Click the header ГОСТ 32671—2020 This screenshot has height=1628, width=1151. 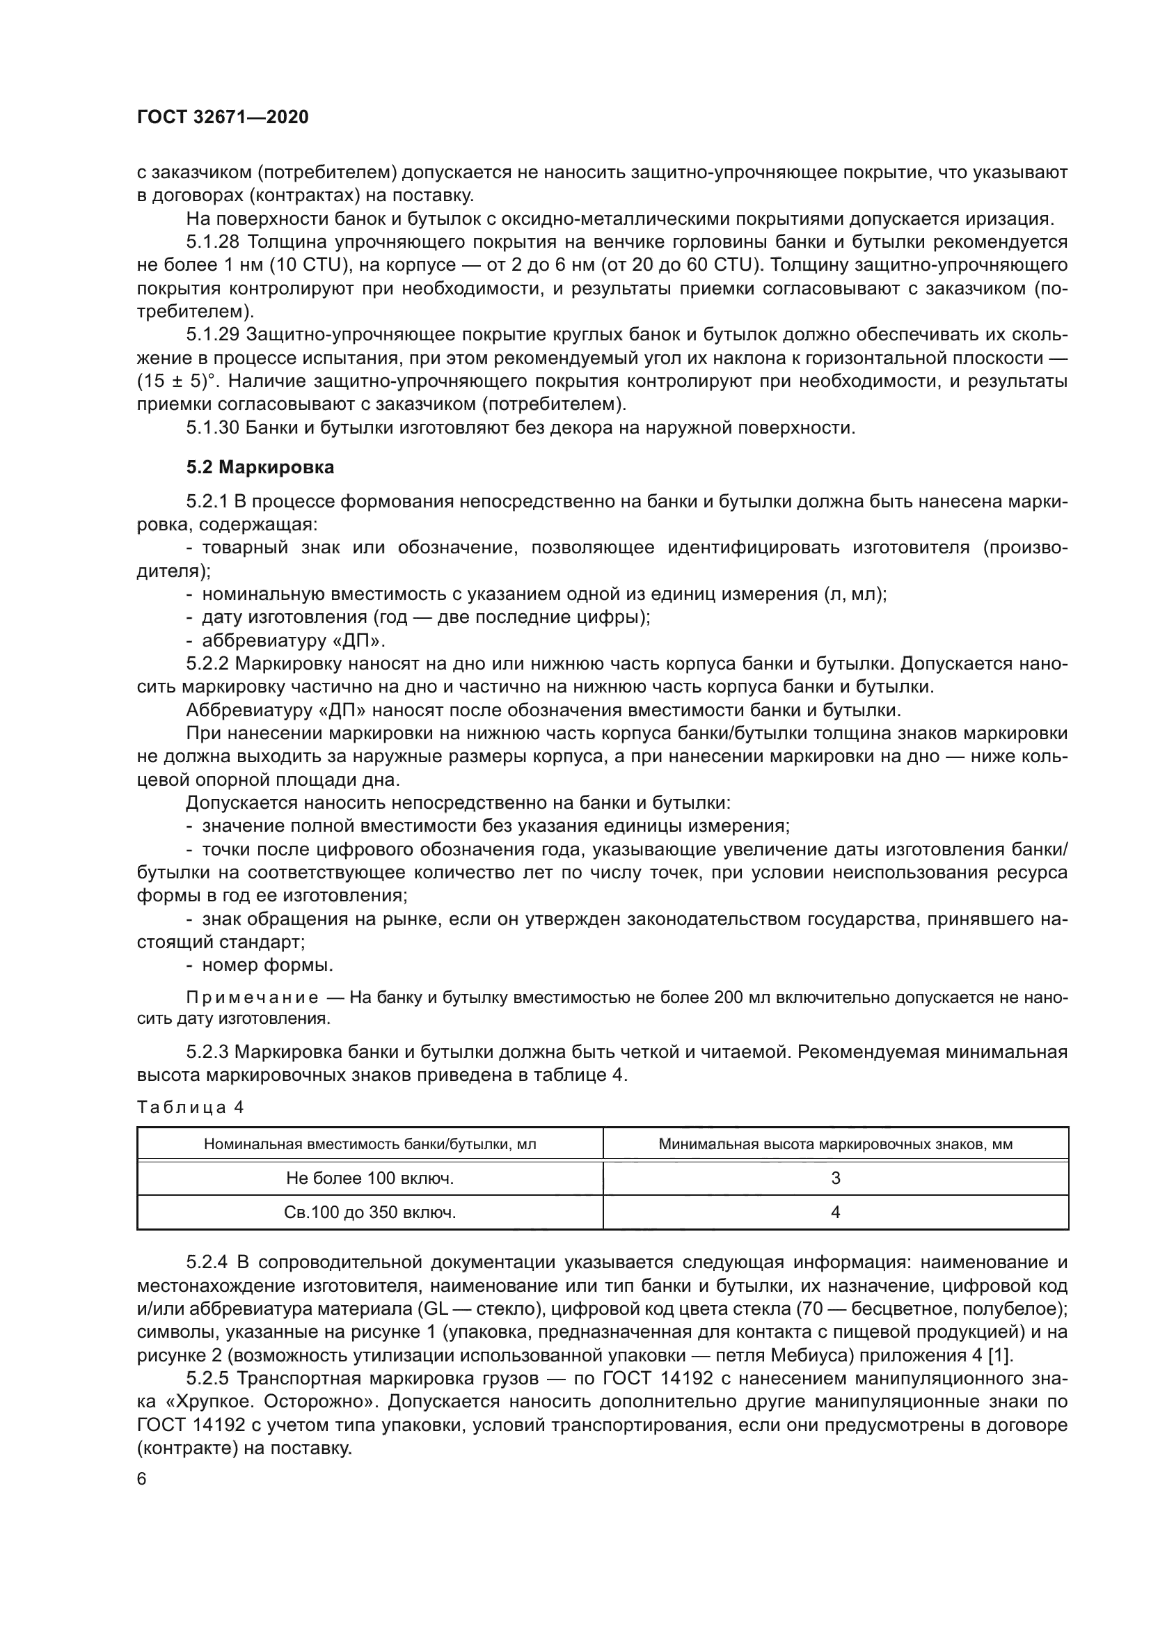(x=223, y=118)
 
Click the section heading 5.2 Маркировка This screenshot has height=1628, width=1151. (x=260, y=467)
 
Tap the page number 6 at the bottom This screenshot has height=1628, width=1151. (x=142, y=1479)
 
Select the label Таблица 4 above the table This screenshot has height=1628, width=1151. (x=190, y=1107)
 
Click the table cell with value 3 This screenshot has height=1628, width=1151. (x=835, y=1178)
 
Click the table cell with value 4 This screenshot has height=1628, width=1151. (x=835, y=1212)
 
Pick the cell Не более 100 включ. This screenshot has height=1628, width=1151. (x=370, y=1178)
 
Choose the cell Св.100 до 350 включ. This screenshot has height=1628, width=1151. (x=370, y=1212)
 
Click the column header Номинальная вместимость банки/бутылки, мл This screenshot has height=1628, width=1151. (x=370, y=1144)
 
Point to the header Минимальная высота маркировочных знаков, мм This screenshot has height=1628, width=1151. (x=835, y=1144)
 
